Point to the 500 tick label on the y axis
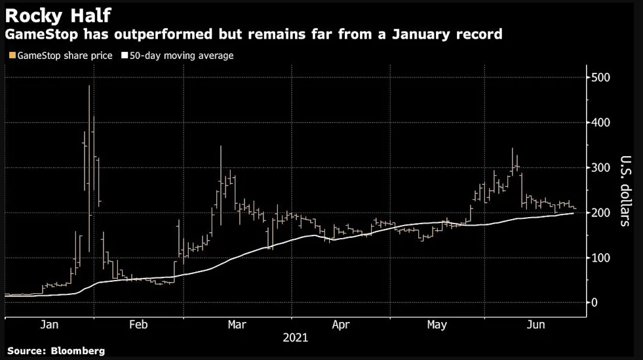pyautogui.click(x=601, y=77)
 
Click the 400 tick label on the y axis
pyautogui.click(x=601, y=123)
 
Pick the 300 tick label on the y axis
pyautogui.click(x=601, y=168)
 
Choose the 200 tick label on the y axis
pyautogui.click(x=601, y=212)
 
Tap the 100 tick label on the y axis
pyautogui.click(x=601, y=258)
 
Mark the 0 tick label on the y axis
pyautogui.click(x=594, y=303)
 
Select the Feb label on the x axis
pyautogui.click(x=138, y=325)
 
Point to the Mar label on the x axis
pyautogui.click(x=238, y=325)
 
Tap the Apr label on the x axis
pyautogui.click(x=341, y=325)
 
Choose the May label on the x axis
pyautogui.click(x=438, y=325)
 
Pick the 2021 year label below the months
pyautogui.click(x=295, y=338)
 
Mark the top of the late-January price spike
pyautogui.click(x=89, y=86)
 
